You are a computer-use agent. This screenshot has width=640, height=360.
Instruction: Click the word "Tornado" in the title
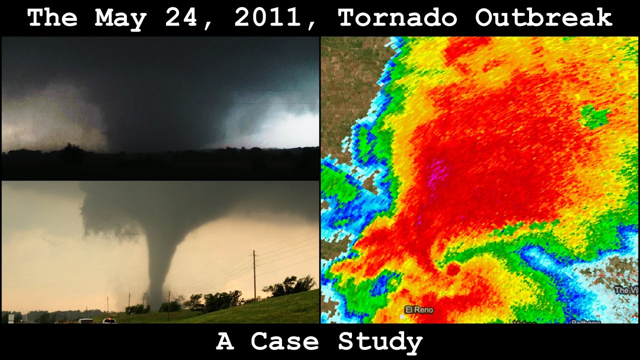(x=397, y=18)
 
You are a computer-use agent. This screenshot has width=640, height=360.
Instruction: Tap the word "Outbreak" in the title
(x=544, y=18)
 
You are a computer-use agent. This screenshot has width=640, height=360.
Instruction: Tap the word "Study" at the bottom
(x=380, y=342)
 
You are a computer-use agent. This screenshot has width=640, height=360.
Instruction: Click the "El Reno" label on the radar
(x=419, y=310)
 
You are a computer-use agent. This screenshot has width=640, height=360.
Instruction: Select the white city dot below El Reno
(x=402, y=316)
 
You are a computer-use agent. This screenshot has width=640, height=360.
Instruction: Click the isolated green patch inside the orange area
(x=594, y=116)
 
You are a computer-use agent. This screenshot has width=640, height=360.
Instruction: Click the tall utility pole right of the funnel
(x=254, y=275)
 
